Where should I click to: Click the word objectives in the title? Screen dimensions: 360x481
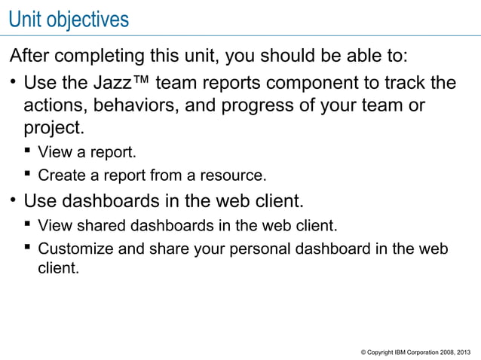(x=87, y=19)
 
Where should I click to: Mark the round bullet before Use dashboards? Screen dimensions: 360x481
(x=13, y=201)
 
